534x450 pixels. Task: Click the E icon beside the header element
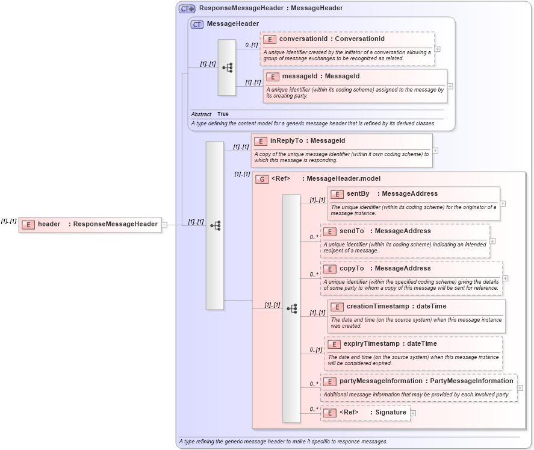28,225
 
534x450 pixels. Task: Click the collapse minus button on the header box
164,225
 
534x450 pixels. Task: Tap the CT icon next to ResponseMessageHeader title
187,8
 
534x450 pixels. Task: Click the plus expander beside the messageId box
450,86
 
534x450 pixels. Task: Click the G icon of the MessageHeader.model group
261,179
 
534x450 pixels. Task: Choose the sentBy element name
358,194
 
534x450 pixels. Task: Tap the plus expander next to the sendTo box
493,241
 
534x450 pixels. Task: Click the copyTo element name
352,269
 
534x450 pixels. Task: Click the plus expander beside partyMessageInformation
520,388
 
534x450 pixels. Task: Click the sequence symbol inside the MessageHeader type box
227,67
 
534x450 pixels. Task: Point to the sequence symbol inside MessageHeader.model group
291,308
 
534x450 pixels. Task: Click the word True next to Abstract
223,114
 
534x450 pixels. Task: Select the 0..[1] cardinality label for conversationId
250,45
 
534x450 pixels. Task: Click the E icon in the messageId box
273,77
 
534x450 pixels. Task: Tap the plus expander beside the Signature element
413,413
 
